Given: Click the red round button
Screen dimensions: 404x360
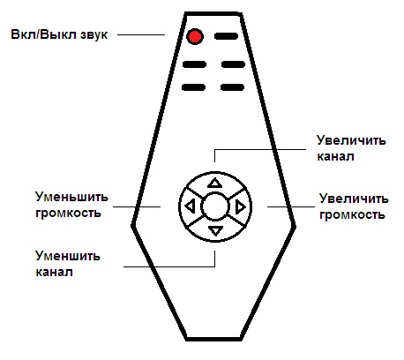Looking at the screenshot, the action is coord(195,36).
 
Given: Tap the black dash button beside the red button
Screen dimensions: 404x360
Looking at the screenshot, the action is coord(226,36).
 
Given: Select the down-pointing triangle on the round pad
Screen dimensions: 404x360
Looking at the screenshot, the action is coord(215,230).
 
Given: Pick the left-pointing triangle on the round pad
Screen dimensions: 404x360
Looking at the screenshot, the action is coord(190,206).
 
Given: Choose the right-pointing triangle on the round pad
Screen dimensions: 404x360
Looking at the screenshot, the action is coord(241,206).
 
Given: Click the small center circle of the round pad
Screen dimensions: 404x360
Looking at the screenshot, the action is coord(215,206).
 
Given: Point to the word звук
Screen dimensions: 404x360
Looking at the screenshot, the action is coord(93,34).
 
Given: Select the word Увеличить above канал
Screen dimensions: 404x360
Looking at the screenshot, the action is coord(351,140).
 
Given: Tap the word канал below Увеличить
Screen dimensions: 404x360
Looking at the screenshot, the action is coord(335,156).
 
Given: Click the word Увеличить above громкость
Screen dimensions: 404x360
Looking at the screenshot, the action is coord(354,199).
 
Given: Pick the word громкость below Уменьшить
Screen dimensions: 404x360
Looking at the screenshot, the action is coord(68,213).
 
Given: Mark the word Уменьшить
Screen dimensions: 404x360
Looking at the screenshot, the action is coord(71,197).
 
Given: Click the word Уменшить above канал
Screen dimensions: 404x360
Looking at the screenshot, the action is coord(68,256).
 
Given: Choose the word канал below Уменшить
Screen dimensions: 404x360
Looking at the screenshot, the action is coord(54,272).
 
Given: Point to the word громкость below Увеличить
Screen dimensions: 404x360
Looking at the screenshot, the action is coord(352,215).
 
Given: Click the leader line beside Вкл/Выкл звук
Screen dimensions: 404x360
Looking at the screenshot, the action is coord(141,34).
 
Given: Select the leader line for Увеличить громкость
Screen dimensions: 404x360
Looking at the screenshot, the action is coord(291,206).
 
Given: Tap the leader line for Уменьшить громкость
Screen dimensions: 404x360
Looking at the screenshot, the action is coord(137,206).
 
